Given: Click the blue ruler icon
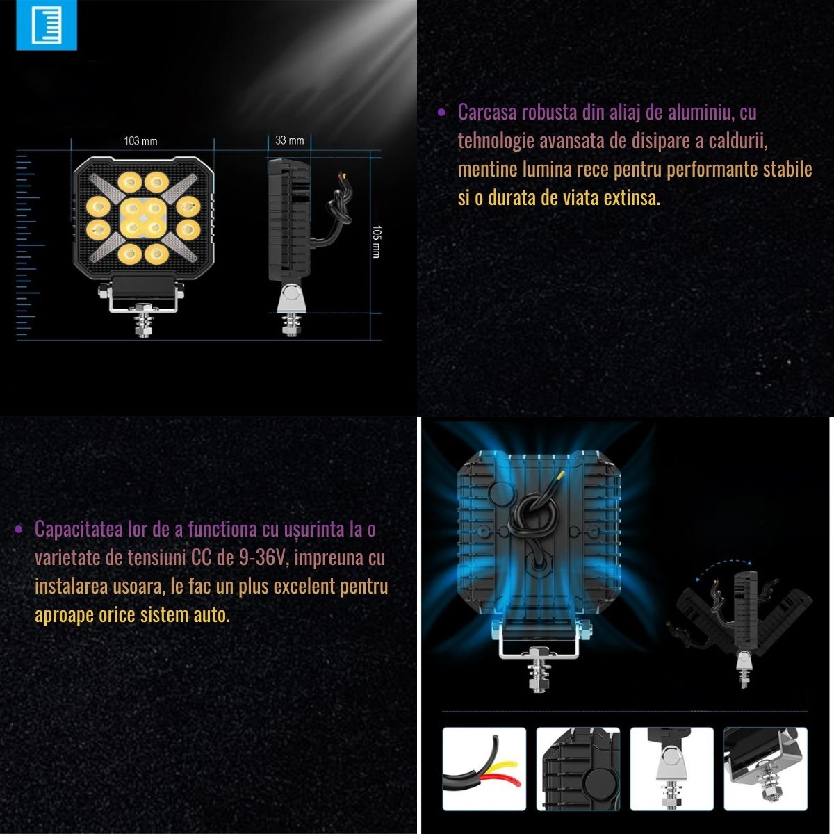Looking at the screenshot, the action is [x=47, y=25].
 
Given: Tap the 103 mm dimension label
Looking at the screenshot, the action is [x=140, y=141].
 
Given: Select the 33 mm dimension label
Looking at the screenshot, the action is [x=290, y=140].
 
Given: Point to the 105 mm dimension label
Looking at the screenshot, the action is [x=377, y=241].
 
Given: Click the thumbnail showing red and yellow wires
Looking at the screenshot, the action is [x=484, y=769].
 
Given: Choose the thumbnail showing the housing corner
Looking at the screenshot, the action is [x=578, y=769].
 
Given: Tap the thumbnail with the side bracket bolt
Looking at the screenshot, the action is [x=671, y=769].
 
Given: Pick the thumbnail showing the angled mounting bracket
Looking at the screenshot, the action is [x=766, y=769].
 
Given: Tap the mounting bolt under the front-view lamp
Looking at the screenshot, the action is [x=143, y=321].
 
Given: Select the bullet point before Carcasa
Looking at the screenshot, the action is [x=441, y=113].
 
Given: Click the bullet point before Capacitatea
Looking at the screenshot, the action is [x=18, y=530].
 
